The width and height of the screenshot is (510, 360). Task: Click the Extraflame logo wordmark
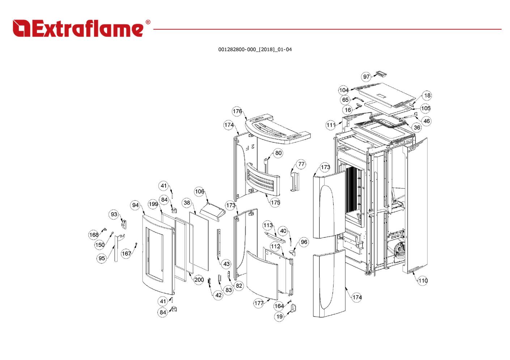click(x=78, y=29)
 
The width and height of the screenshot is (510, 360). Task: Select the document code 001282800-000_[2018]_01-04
click(x=255, y=50)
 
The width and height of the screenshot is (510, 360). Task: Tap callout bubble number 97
click(x=366, y=77)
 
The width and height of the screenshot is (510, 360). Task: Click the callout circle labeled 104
click(x=344, y=90)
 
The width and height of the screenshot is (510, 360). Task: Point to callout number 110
click(x=423, y=280)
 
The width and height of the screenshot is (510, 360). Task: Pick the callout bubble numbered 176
click(x=237, y=111)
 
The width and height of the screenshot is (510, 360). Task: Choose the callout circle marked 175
click(x=275, y=202)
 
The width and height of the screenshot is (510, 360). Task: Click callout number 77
click(x=301, y=164)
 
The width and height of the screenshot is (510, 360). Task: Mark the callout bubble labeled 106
click(x=199, y=192)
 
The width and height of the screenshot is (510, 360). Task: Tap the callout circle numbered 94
click(x=135, y=205)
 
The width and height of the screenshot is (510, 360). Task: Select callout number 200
click(x=199, y=280)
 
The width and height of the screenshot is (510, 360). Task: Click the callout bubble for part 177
click(x=259, y=303)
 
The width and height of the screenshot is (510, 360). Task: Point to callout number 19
click(x=279, y=317)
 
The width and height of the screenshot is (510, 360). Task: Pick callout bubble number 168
click(x=94, y=235)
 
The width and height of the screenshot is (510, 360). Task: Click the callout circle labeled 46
click(x=426, y=121)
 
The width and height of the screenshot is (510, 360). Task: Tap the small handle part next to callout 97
click(x=381, y=74)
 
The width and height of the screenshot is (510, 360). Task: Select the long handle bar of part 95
click(x=116, y=249)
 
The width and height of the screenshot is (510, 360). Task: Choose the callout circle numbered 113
click(x=268, y=225)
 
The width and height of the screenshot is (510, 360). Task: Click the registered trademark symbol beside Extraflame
click(x=148, y=22)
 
